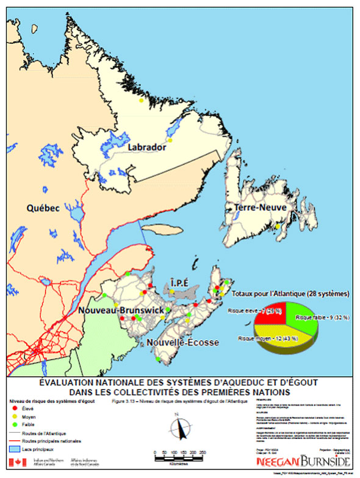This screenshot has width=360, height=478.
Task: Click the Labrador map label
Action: pyautogui.click(x=146, y=148)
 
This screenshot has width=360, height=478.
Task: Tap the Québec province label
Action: pyautogui.click(x=43, y=208)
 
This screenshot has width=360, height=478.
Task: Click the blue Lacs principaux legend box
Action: pyautogui.click(x=16, y=449)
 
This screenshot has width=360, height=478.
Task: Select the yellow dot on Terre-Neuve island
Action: pyautogui.click(x=278, y=227)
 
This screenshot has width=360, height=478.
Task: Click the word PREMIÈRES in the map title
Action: pyautogui.click(x=239, y=391)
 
